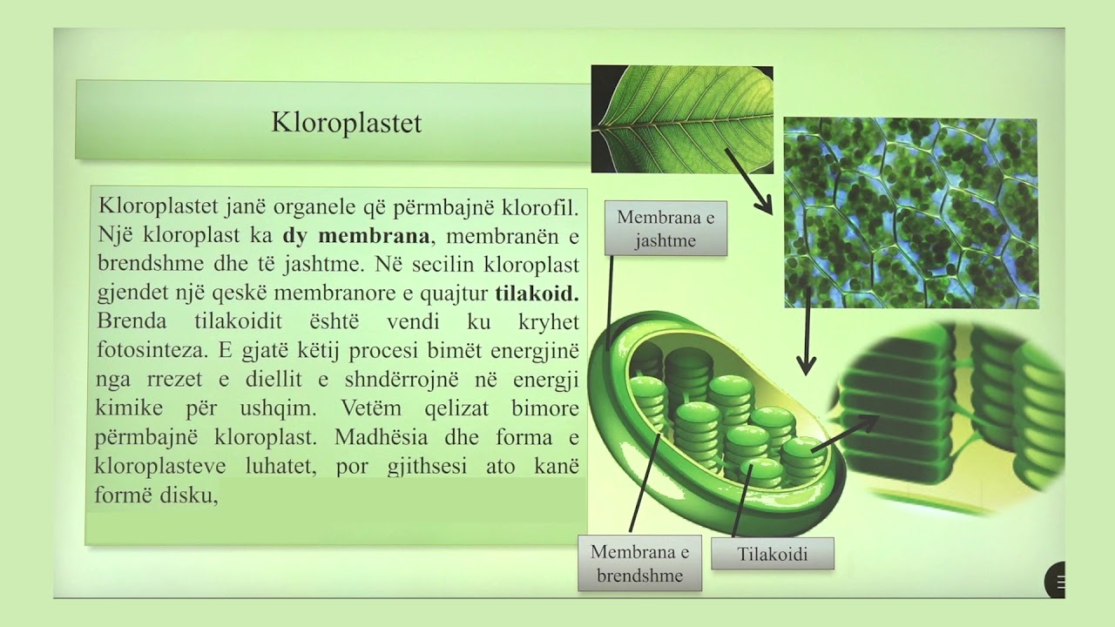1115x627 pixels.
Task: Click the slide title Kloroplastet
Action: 346,123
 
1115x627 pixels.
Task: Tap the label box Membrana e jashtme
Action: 666,229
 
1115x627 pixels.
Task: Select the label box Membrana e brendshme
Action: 639,563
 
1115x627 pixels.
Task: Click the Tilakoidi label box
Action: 772,554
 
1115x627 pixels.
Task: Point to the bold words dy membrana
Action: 355,236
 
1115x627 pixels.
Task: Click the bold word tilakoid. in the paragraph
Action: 537,293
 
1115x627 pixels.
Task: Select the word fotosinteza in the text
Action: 145,351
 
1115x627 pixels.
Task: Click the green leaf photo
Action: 681,119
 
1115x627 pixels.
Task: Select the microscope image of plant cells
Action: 910,213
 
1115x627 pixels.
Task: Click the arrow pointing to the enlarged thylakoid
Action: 845,433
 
